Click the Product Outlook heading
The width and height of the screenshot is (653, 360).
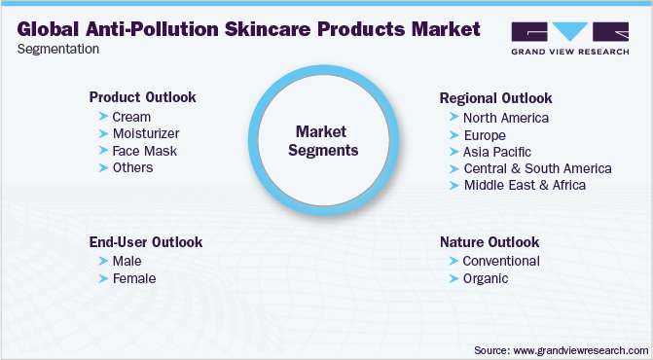click(142, 97)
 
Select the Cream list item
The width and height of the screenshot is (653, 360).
click(131, 117)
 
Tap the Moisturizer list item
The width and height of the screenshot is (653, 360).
click(146, 133)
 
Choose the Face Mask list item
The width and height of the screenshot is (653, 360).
click(144, 151)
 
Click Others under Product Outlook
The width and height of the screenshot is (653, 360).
click(132, 167)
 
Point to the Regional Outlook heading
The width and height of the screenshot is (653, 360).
click(495, 98)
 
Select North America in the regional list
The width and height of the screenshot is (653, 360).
click(506, 118)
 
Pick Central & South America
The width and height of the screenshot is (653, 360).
click(537, 167)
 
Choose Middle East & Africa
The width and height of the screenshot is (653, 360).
click(525, 184)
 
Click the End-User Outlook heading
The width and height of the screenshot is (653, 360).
click(145, 241)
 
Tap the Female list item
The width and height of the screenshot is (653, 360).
click(134, 278)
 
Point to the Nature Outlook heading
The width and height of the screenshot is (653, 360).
click(489, 241)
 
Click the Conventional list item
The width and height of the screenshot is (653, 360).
click(501, 261)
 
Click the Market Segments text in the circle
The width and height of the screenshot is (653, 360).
click(326, 140)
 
